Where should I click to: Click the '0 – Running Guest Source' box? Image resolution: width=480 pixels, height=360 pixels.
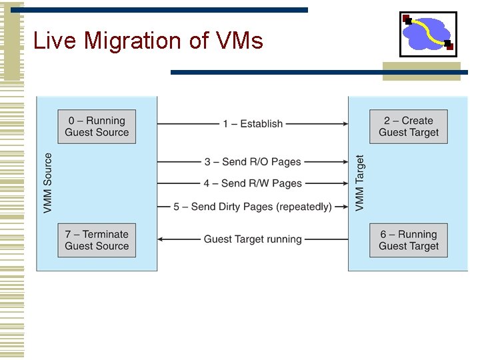click(x=97, y=126)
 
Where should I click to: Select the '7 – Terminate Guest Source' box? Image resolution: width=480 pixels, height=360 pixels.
click(x=97, y=240)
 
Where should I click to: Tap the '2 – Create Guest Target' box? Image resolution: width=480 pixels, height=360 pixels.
click(x=409, y=126)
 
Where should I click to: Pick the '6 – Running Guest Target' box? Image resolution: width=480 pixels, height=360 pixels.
click(x=409, y=240)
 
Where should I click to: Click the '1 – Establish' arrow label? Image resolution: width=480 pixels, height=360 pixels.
click(x=253, y=124)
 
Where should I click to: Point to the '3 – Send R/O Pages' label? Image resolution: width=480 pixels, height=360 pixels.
click(x=253, y=162)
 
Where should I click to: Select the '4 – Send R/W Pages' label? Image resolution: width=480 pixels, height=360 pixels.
click(x=253, y=183)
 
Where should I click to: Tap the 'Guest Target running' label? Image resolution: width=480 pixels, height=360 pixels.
click(x=253, y=239)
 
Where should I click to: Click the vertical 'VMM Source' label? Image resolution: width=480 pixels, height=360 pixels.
click(x=48, y=183)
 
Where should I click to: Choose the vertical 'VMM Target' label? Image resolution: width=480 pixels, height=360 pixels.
click(x=360, y=183)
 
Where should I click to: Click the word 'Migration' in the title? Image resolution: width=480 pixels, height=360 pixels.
click(x=133, y=41)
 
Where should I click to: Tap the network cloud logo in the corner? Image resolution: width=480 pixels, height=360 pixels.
click(x=428, y=33)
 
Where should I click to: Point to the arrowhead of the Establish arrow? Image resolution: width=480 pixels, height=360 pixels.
click(x=345, y=124)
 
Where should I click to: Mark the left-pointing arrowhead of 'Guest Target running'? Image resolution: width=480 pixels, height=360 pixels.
click(x=161, y=239)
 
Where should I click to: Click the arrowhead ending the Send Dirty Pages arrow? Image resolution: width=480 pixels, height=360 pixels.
click(x=345, y=207)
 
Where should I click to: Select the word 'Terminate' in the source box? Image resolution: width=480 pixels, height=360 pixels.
click(x=105, y=234)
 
